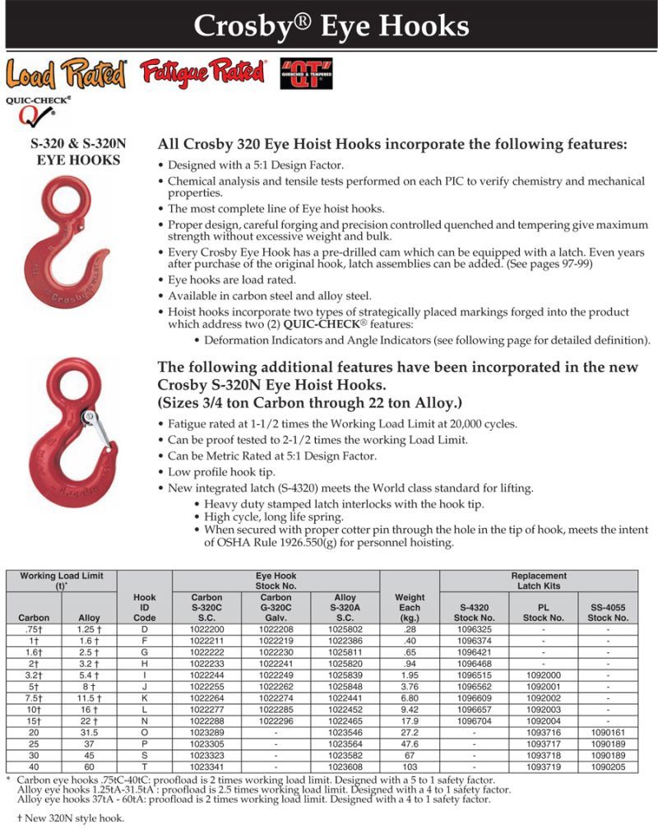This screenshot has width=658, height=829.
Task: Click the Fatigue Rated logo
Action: (203, 73)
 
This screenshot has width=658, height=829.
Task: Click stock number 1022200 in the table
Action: (206, 629)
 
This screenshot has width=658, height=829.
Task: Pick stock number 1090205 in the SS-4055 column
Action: (607, 766)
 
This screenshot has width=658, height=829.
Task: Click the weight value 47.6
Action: (410, 743)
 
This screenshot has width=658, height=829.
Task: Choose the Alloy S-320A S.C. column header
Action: (345, 608)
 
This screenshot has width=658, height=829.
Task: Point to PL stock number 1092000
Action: (543, 674)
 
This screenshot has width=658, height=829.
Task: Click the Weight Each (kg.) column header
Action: (410, 608)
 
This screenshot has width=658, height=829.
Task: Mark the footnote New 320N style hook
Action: (65, 818)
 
